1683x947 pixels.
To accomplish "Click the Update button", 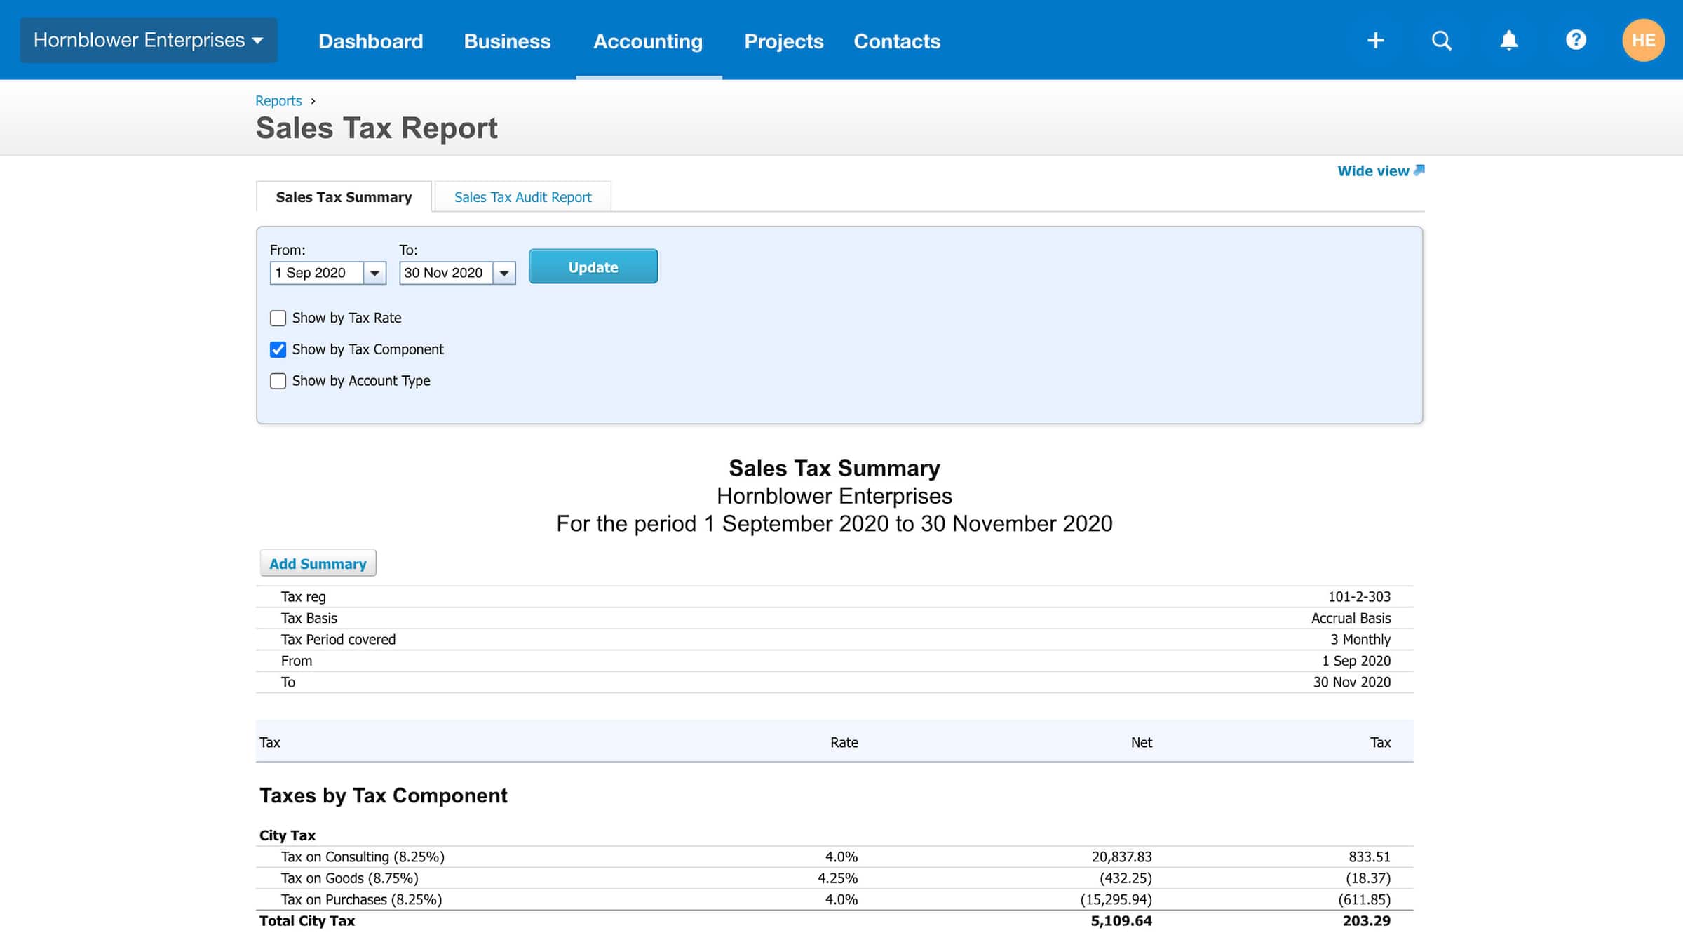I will [593, 267].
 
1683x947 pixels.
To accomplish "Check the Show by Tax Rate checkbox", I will [278, 318].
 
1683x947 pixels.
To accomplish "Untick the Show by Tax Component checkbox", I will [278, 349].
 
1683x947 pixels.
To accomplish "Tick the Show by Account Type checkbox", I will [278, 381].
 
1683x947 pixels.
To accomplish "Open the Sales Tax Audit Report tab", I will [522, 197].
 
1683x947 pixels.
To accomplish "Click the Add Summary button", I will [318, 563].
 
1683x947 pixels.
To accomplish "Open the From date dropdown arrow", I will [374, 273].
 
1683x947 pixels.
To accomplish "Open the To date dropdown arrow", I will [504, 273].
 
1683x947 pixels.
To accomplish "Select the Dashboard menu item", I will [370, 41].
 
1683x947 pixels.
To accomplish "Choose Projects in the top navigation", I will [783, 41].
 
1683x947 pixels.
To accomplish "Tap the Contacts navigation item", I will [896, 41].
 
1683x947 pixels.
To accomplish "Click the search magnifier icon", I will [1441, 40].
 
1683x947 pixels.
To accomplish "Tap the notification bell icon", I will [1508, 40].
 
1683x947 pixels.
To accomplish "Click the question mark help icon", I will [1576, 40].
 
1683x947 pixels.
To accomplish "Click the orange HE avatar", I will [1643, 40].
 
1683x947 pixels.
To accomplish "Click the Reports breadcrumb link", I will [278, 101].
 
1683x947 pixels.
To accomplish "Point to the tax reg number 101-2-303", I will [1358, 597].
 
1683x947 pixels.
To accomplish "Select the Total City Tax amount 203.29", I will [1366, 921].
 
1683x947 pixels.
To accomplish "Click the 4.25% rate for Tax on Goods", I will [837, 878].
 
